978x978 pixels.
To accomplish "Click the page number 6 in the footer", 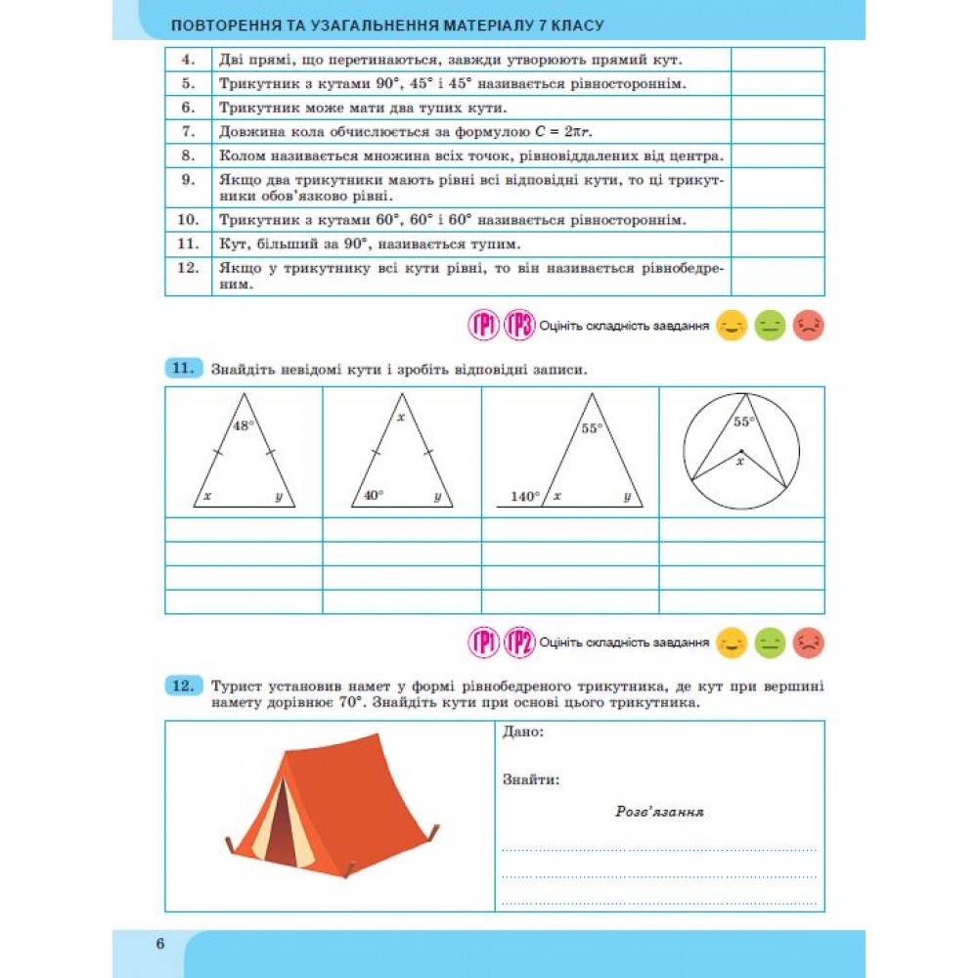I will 159,944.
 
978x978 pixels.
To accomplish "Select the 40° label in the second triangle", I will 374,496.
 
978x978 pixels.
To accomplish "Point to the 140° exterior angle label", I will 525,497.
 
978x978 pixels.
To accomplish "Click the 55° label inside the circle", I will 745,422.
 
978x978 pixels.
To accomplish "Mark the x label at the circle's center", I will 740,460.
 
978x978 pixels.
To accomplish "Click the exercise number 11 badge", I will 182,369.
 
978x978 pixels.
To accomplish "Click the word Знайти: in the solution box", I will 531,779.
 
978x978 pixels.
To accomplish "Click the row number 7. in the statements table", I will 189,131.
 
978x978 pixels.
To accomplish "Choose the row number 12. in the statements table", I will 189,267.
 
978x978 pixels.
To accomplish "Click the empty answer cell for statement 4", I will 778,60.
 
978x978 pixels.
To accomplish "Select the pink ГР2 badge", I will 519,643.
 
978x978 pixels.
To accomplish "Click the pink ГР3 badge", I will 519,325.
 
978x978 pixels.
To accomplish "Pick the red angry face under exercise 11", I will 808,643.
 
